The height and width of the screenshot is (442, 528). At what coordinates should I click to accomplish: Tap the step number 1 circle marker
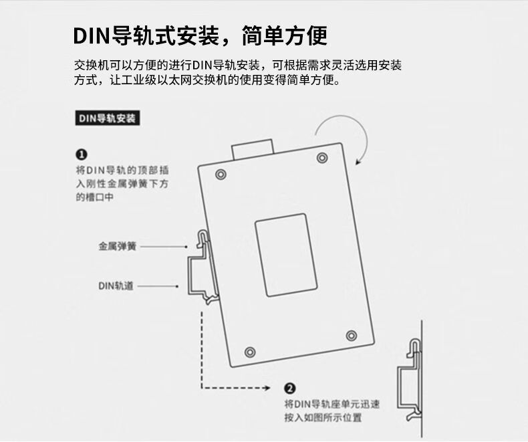pos(81,154)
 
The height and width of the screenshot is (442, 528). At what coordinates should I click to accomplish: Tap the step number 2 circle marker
pos(290,388)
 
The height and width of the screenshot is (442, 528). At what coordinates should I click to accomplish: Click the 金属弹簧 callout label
pos(118,246)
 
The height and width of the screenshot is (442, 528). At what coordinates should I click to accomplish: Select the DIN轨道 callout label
pos(116,286)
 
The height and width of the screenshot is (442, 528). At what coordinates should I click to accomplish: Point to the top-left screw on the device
pos(221,175)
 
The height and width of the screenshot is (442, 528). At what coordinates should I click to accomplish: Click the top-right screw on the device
pos(322,158)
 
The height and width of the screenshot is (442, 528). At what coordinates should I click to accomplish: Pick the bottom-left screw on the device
pos(250,351)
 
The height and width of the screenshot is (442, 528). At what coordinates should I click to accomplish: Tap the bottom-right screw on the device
pos(352,335)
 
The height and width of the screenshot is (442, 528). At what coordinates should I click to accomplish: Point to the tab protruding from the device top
pos(252,148)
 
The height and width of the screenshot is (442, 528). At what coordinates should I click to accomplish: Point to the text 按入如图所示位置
pos(323,418)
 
